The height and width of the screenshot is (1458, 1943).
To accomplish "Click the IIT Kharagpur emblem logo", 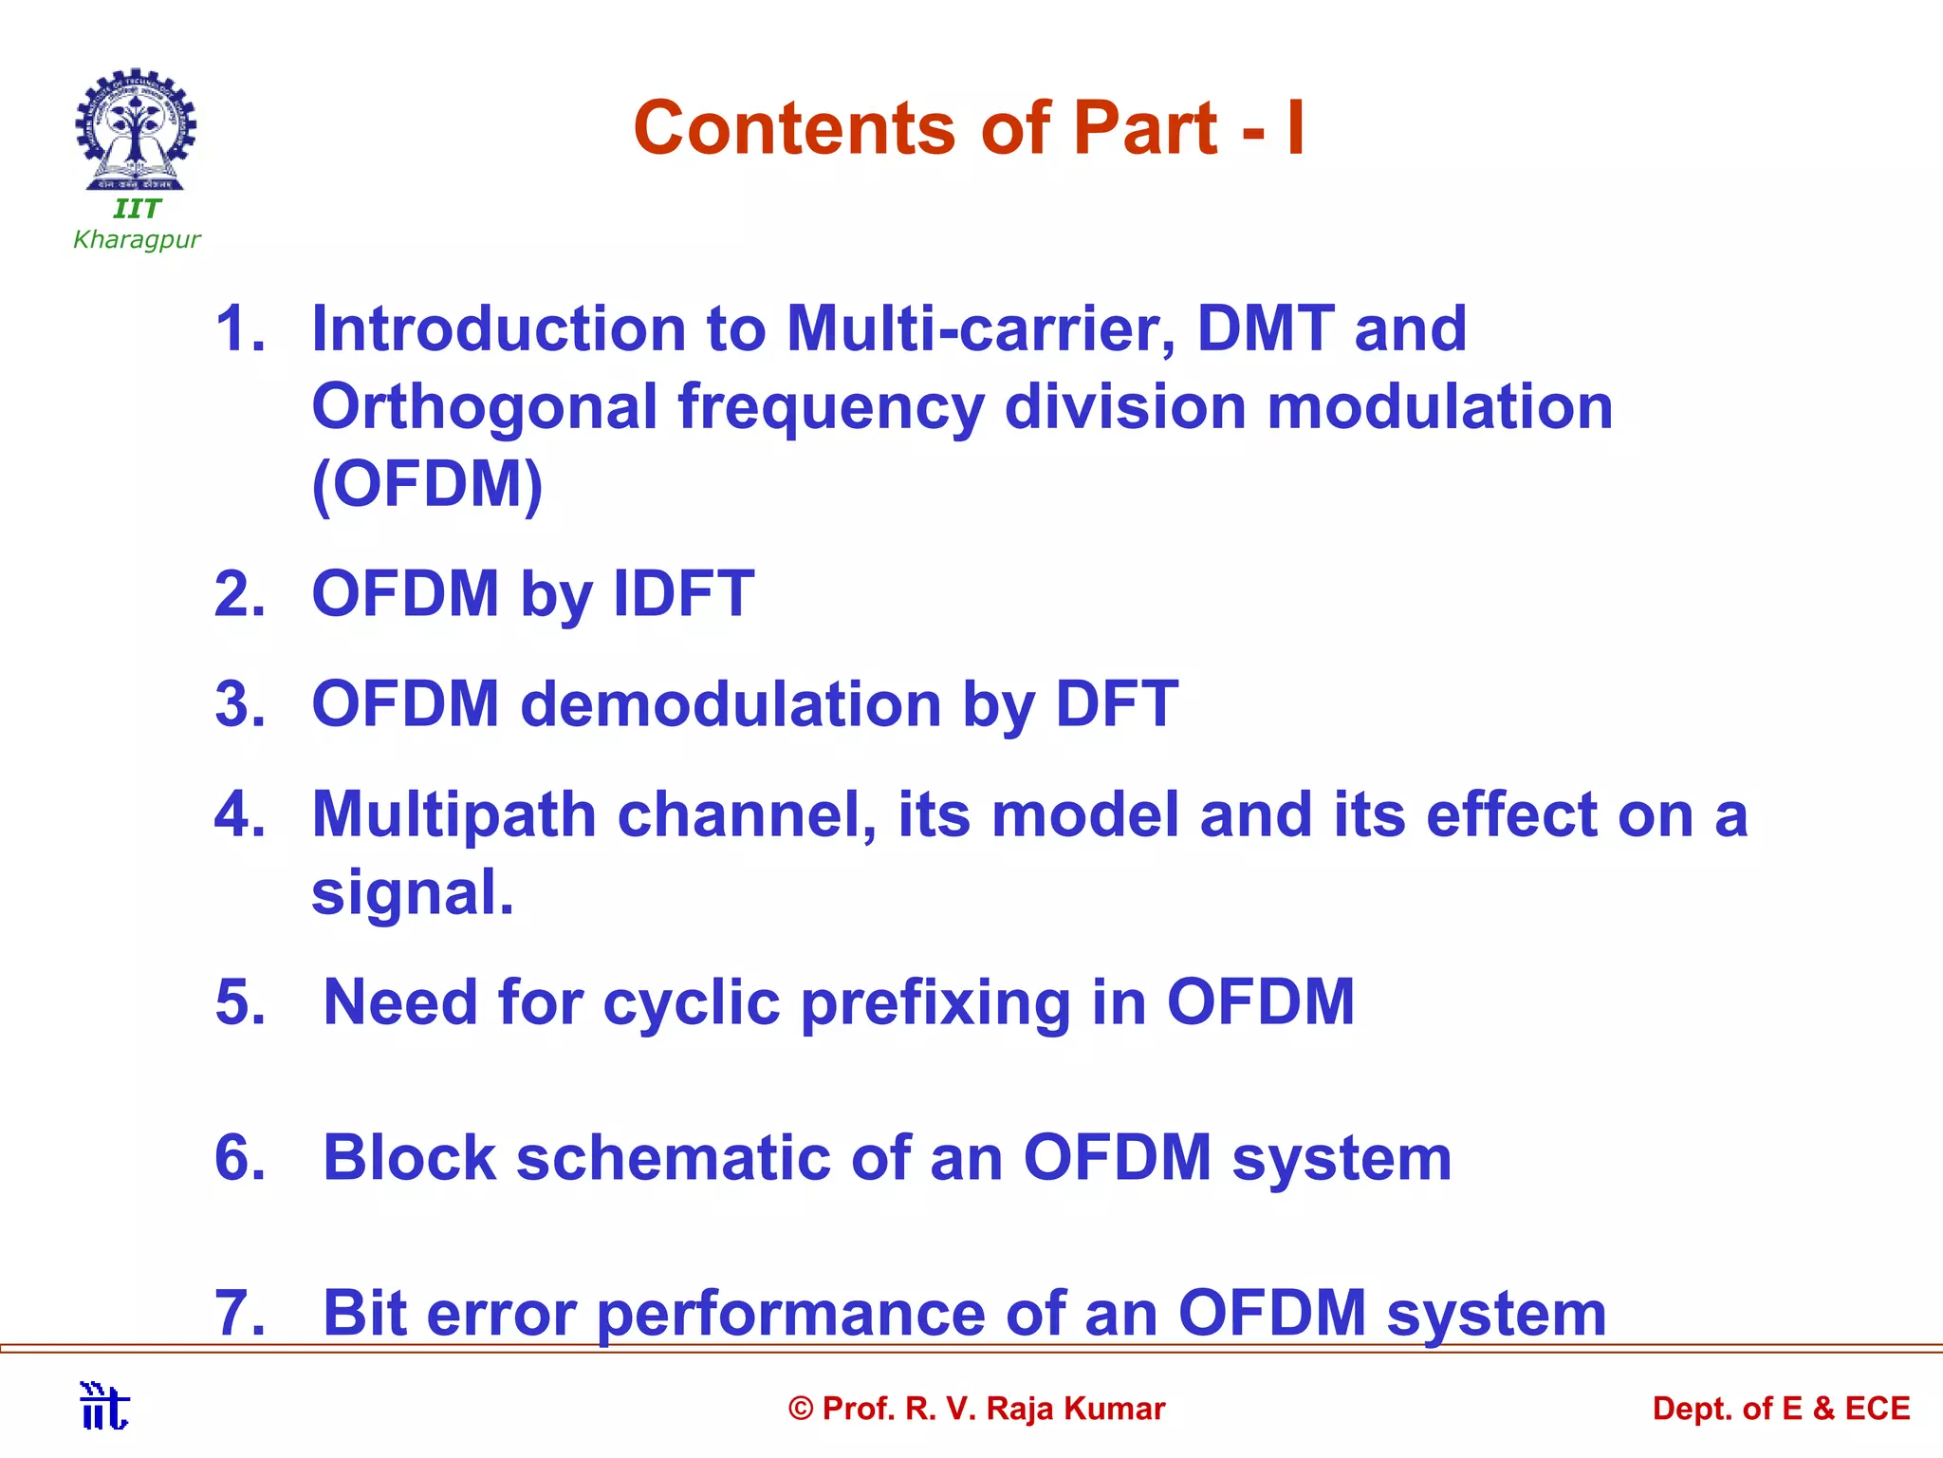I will (136, 130).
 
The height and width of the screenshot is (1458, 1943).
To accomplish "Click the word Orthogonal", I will (485, 408).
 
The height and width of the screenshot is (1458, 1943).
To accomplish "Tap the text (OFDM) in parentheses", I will (427, 484).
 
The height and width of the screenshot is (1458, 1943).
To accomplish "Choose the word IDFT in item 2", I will (684, 594).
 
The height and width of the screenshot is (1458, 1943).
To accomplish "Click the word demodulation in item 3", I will (731, 704).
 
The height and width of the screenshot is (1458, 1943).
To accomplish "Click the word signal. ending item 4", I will (413, 893).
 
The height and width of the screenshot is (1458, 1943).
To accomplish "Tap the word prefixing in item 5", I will (935, 1003).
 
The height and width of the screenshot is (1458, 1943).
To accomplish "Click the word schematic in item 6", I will (673, 1158).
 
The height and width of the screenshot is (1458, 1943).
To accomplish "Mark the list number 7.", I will (239, 1314).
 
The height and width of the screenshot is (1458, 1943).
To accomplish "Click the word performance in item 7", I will (791, 1314).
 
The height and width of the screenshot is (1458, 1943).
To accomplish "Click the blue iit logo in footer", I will (104, 1406).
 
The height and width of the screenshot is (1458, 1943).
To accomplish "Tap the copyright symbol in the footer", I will (801, 1410).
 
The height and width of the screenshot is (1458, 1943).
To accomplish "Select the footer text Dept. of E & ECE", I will (1781, 1409).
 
